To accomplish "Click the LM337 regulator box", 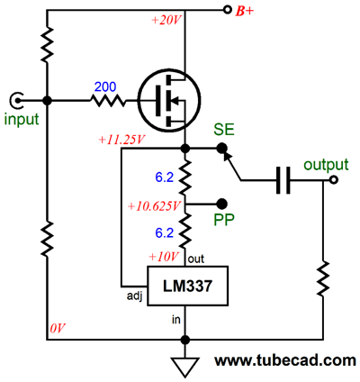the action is click(x=187, y=286).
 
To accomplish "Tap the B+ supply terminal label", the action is click(x=244, y=12).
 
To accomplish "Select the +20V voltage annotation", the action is click(x=166, y=21).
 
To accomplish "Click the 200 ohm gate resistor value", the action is click(x=105, y=87).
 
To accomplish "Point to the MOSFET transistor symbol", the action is click(x=170, y=100).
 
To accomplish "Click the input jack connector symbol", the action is click(x=15, y=101).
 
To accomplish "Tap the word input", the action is click(x=22, y=119).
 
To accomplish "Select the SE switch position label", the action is click(x=224, y=130).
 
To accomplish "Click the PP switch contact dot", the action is click(x=222, y=204).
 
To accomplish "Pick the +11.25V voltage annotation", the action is click(x=121, y=140).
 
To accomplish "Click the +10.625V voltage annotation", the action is click(x=154, y=206).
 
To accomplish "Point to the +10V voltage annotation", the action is click(x=164, y=257).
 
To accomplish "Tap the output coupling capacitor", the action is click(x=283, y=180).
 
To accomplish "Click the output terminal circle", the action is click(x=333, y=180).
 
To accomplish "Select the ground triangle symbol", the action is click(x=185, y=367).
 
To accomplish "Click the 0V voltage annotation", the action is click(x=58, y=329).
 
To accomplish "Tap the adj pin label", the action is click(x=134, y=296).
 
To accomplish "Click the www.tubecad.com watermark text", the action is click(x=285, y=360).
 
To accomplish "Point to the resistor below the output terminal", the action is click(x=323, y=278).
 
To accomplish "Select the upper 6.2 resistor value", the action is click(x=165, y=177).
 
